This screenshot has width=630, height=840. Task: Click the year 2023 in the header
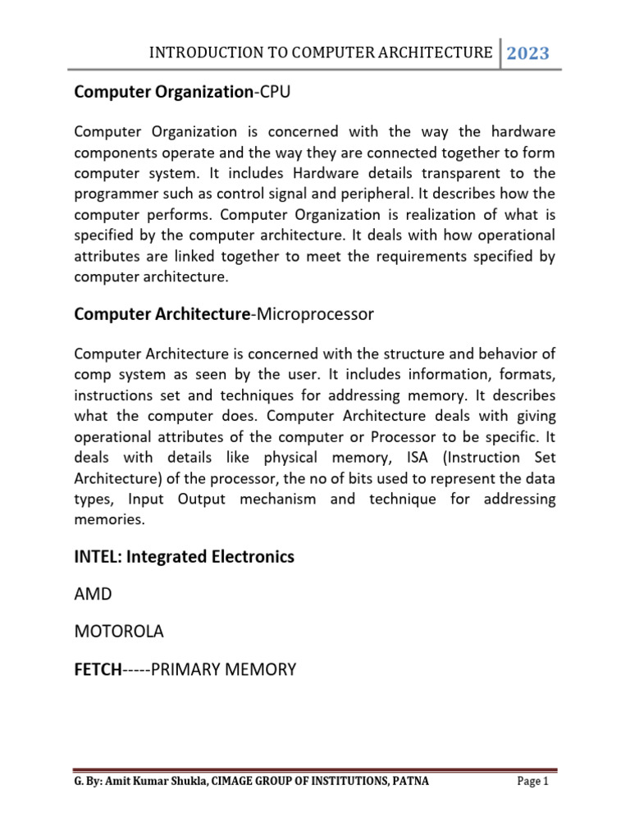click(527, 54)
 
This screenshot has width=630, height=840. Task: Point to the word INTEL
click(95, 557)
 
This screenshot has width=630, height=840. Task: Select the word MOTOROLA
click(119, 632)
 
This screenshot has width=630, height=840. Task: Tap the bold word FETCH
click(97, 669)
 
